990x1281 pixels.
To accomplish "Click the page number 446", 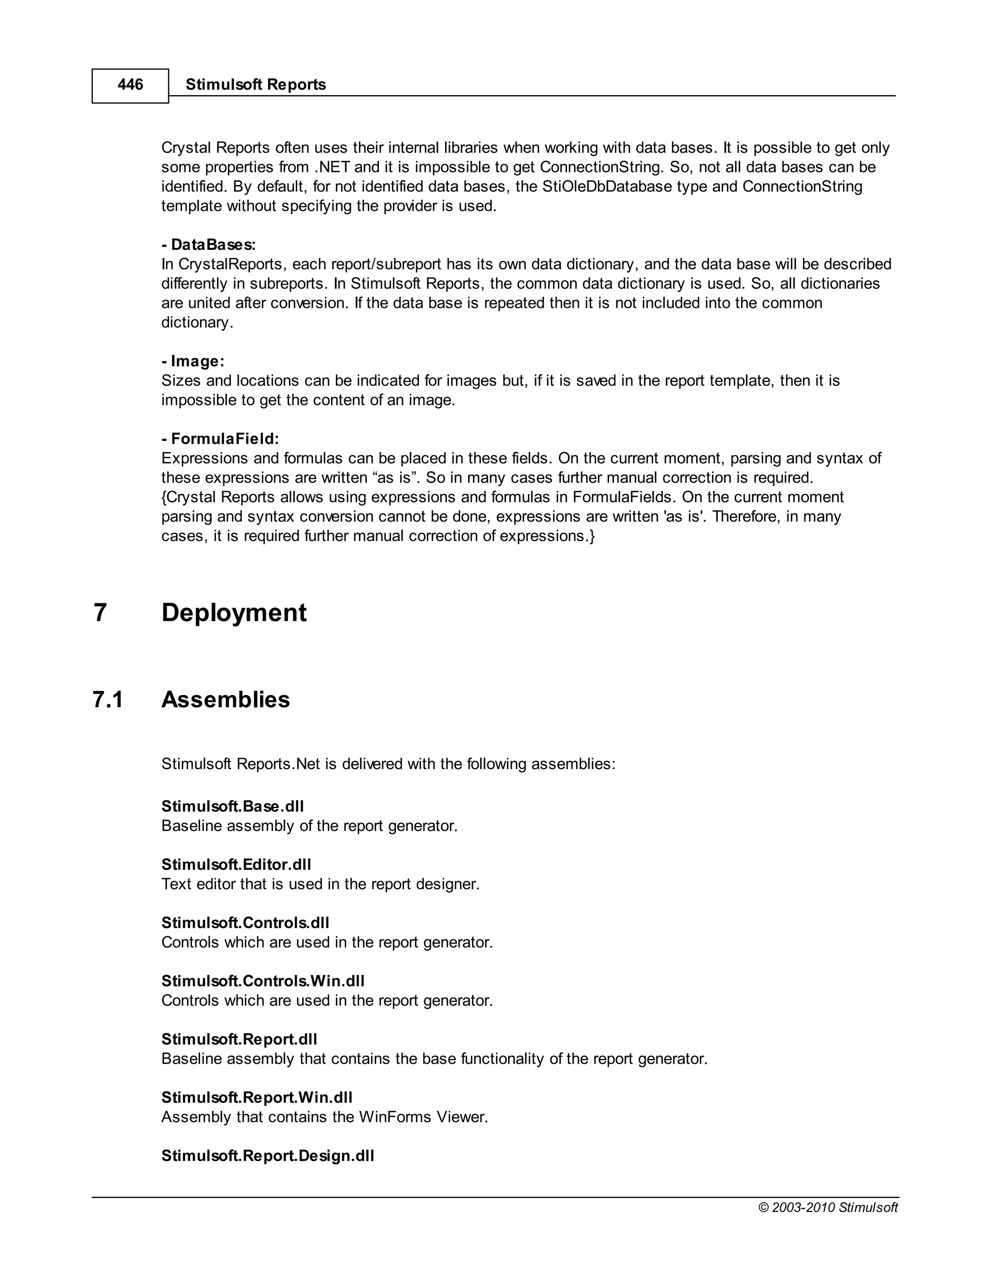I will pos(130,85).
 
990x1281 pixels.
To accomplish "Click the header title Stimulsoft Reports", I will pos(255,85).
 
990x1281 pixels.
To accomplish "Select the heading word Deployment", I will pos(233,613).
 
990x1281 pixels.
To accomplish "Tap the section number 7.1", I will pos(108,700).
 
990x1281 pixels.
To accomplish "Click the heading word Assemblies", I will pos(225,700).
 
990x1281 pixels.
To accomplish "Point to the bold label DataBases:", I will pos(209,245).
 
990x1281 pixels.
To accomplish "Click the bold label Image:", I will pos(193,361).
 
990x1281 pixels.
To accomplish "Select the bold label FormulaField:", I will pos(220,439).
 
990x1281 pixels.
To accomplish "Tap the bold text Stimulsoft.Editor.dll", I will pos(236,865).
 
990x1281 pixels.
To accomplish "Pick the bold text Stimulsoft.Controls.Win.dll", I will pos(263,981).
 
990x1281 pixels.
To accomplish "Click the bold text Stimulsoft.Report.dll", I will pos(239,1039).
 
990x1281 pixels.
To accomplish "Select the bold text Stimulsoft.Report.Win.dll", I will pos(256,1097).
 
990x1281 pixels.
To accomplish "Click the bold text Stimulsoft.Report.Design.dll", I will pos(267,1155).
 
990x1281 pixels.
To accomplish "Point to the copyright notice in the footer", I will pos(828,1208).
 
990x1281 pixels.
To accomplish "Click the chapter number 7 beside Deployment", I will pos(100,613).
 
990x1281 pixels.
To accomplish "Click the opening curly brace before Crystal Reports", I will pos(164,497).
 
